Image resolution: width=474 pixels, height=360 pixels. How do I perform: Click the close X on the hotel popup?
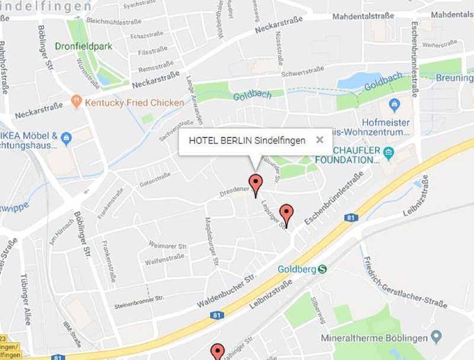coord(320,140)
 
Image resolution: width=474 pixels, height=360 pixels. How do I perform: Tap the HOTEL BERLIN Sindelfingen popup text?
coord(247,141)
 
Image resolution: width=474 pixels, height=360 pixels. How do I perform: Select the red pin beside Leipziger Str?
coord(287,214)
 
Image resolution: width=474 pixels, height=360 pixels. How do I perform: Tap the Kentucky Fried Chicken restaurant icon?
coord(76,102)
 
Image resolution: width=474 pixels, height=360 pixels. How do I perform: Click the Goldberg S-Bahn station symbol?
coord(322,269)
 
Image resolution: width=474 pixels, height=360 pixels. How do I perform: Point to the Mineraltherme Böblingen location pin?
coord(437,337)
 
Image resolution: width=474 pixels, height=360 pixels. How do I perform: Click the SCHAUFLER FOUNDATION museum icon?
coord(389,154)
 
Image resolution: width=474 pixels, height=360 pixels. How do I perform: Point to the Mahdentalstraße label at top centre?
coord(363,16)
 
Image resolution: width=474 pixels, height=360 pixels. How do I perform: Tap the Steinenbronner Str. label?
coord(139,301)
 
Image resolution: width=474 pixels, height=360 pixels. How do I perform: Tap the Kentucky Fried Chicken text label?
coord(134,103)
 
